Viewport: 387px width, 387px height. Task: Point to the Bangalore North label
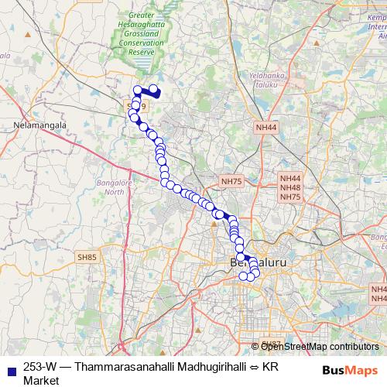click(x=114, y=187)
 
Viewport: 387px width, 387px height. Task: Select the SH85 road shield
click(x=86, y=257)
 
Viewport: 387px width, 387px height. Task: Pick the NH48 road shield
click(x=290, y=187)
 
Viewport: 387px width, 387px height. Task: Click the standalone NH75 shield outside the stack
click(x=231, y=181)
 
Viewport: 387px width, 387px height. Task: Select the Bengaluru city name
click(x=259, y=264)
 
